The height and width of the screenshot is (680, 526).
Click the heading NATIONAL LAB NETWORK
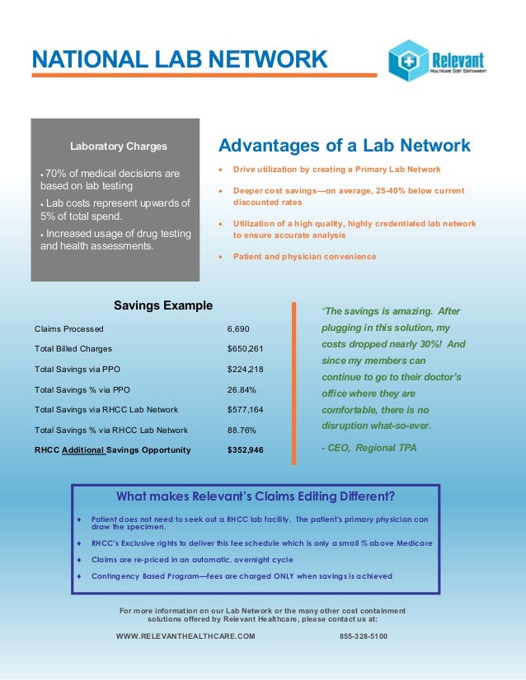pos(179,59)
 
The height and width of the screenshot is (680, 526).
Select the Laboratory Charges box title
pos(118,147)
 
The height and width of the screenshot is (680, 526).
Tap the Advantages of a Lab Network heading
pos(344,146)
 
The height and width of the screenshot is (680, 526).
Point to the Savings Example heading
pos(163,305)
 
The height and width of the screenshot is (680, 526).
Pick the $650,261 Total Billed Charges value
pos(245,348)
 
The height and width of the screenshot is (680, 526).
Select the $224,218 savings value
pos(245,369)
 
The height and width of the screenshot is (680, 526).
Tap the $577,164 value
pos(245,409)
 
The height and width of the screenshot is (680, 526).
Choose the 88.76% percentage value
pos(242,430)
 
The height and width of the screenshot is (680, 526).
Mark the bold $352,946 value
pos(246,450)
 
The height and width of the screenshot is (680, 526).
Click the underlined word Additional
pos(82,450)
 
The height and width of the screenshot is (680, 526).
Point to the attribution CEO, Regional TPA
pos(369,448)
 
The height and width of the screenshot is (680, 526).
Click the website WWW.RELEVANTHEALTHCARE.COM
pos(186,637)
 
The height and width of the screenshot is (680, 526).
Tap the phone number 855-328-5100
pos(364,637)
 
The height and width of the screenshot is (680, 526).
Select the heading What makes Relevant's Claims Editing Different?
pos(256,496)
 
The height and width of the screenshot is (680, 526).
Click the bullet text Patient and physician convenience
pos(304,257)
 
